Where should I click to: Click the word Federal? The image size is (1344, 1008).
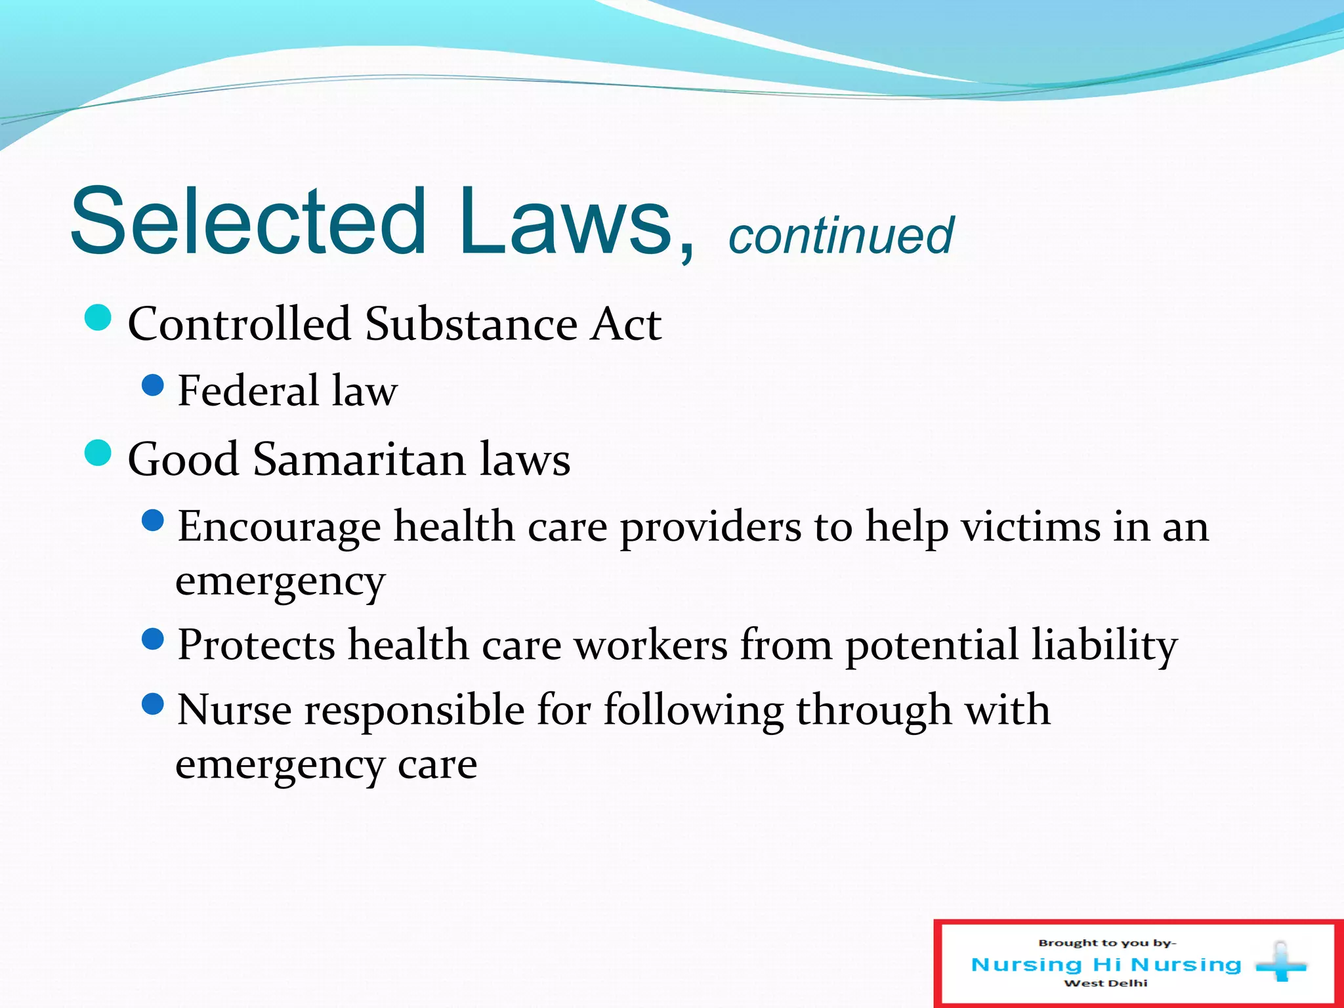(x=248, y=390)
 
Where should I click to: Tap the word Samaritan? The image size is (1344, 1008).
(x=359, y=459)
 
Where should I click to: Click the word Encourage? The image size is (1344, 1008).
(x=279, y=527)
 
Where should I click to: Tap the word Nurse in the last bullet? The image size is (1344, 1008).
(x=234, y=710)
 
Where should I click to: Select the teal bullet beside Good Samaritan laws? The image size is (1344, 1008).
(x=98, y=453)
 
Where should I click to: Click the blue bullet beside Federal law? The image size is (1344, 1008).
(x=152, y=385)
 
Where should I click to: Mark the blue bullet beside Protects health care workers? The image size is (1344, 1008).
(x=152, y=639)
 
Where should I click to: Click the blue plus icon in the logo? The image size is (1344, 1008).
(x=1280, y=963)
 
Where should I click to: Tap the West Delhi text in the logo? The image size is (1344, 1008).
(x=1106, y=983)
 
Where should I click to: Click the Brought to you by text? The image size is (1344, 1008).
(x=1106, y=943)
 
